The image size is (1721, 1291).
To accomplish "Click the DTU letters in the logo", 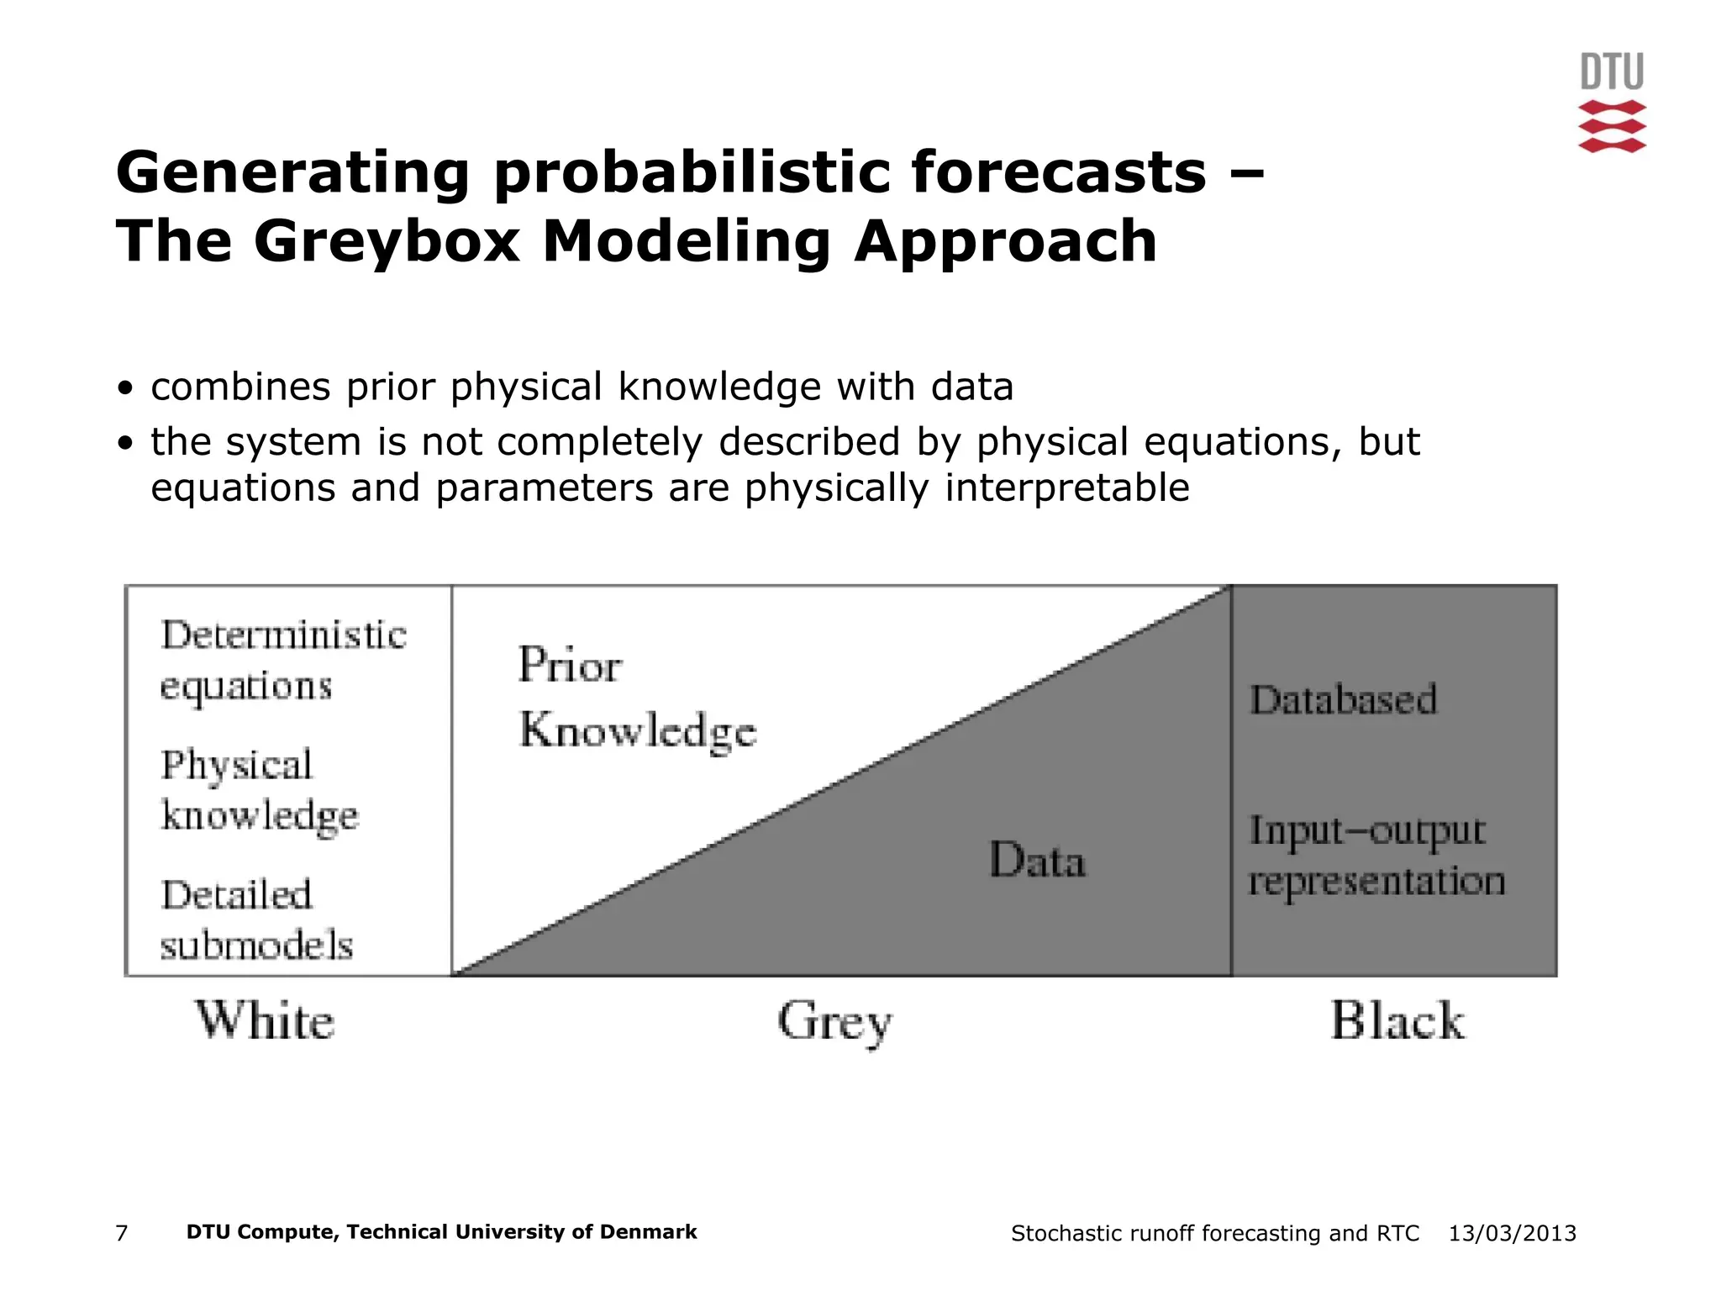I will pos(1611,71).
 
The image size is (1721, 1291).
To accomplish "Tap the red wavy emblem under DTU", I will pos(1611,126).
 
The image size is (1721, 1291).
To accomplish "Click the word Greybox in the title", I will pos(386,242).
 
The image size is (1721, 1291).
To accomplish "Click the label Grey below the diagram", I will pos(834,1022).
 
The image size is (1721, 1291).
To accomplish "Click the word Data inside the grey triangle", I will pos(1037,861).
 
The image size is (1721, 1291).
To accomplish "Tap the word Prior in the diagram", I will pos(570,666).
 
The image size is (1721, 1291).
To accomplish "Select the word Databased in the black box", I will pos(1343,700).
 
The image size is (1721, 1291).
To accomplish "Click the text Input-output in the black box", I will pos(1366,831).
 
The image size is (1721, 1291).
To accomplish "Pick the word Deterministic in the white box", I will pos(283,635).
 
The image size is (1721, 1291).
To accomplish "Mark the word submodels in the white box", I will pos(256,946).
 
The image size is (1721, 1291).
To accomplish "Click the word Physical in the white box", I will pos(236,766).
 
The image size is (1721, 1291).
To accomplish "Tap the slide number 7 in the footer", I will pos(122,1233).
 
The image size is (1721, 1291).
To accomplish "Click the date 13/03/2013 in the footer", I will pos(1512,1233).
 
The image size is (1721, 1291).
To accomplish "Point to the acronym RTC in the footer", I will pos(1397,1233).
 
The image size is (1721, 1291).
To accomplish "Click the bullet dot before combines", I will pos(125,388).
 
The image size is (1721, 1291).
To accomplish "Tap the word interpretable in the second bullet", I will pos(1066,488).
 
